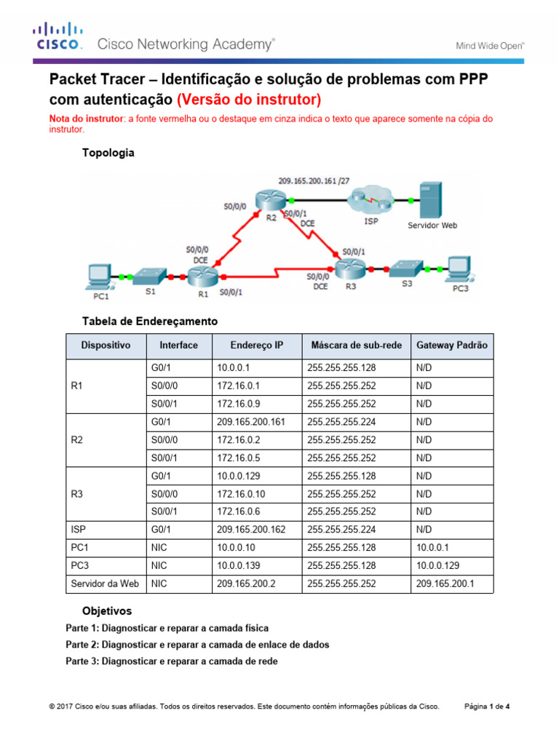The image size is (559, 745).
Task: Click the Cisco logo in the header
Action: click(57, 36)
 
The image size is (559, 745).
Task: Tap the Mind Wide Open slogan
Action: click(490, 45)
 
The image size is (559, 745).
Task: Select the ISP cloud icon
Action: click(371, 199)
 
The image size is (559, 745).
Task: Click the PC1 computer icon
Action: click(98, 275)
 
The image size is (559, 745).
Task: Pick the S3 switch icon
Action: click(407, 268)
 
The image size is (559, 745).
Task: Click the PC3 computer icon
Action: click(459, 268)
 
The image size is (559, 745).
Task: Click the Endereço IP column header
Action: click(256, 346)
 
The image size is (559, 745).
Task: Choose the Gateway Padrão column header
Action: click(451, 346)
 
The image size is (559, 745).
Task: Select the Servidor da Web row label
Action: click(105, 583)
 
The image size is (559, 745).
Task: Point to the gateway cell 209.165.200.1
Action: click(444, 583)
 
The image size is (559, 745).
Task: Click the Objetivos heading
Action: click(107, 611)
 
